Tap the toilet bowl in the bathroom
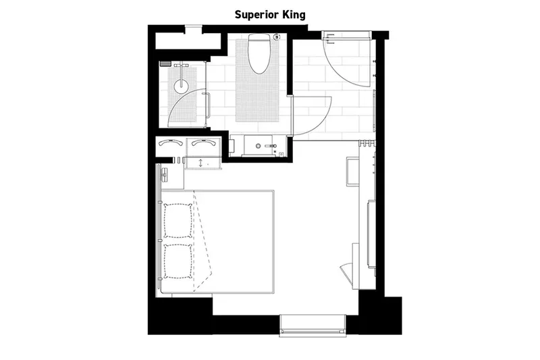(x=258, y=57)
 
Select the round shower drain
(x=180, y=85)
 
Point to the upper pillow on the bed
(x=178, y=220)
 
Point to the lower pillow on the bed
(x=178, y=259)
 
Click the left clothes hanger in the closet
(x=169, y=143)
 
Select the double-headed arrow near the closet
(x=200, y=163)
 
